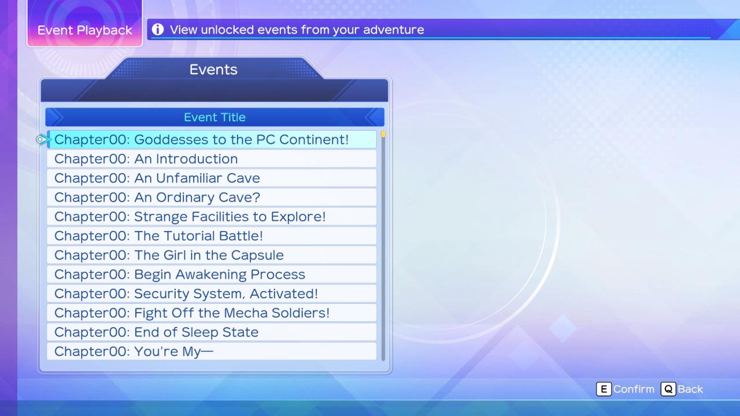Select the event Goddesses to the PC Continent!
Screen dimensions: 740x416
click(x=212, y=139)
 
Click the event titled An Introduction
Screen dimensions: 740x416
click(x=212, y=159)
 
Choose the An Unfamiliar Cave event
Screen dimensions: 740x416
click(x=212, y=178)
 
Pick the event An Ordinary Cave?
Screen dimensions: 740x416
click(x=212, y=197)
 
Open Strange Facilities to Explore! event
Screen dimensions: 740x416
click(x=212, y=217)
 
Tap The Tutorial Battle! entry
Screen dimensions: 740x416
click(x=212, y=236)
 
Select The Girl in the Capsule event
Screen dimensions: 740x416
click(x=212, y=255)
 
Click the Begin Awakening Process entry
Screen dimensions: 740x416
click(x=212, y=274)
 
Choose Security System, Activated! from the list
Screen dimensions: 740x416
click(x=212, y=294)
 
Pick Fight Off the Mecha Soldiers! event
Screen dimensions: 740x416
click(x=212, y=313)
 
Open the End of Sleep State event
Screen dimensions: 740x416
click(x=212, y=332)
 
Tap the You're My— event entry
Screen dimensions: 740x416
click(x=212, y=351)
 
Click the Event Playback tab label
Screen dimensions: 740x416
click(x=85, y=30)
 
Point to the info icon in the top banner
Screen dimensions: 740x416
click(x=158, y=29)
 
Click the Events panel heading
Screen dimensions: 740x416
click(x=213, y=69)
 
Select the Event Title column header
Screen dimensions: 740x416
click(x=214, y=117)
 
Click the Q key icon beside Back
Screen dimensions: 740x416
click(x=668, y=389)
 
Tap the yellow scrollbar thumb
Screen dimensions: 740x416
click(x=383, y=133)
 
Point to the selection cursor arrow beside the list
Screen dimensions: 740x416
click(x=43, y=139)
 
